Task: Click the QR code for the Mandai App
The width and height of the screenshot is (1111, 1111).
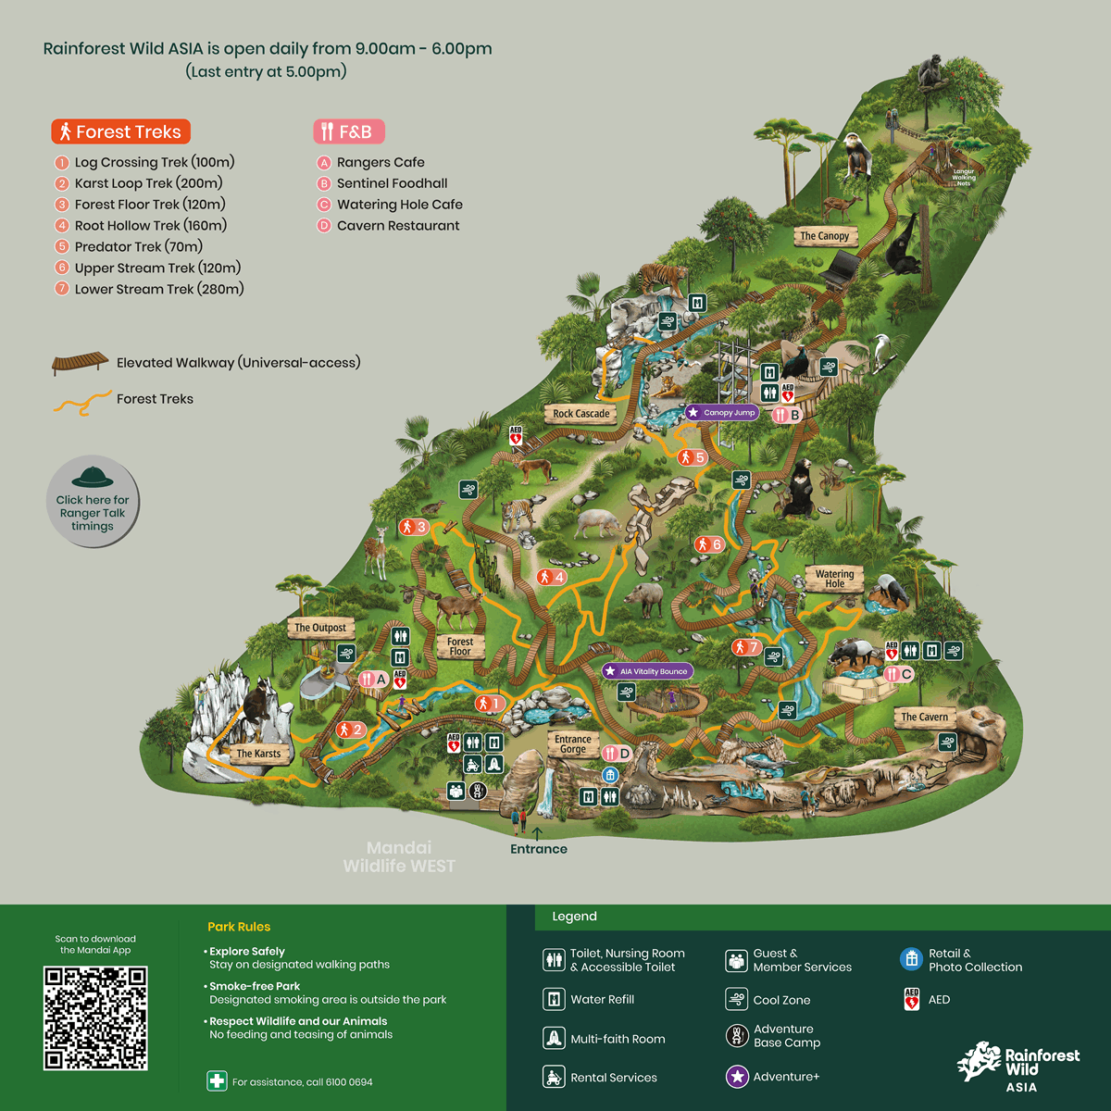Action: [x=95, y=1017]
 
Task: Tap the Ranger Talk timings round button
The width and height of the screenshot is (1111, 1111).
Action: [x=93, y=502]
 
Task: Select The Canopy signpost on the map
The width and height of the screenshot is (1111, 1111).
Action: [x=824, y=236]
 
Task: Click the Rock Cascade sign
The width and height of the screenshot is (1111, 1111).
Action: [x=580, y=414]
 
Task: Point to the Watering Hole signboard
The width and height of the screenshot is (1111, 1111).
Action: [x=834, y=579]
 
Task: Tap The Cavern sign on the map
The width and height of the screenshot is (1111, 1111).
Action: [x=924, y=717]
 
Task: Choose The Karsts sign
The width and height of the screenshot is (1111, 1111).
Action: [x=257, y=754]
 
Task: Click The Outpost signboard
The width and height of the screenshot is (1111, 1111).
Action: [x=319, y=628]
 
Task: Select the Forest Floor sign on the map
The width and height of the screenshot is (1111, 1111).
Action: [x=460, y=646]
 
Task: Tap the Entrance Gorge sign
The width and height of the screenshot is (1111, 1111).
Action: [x=572, y=743]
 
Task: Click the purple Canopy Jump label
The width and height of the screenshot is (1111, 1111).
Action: [x=722, y=413]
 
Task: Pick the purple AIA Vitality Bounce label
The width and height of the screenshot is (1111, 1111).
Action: [x=647, y=671]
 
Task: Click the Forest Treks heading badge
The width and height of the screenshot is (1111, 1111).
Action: [x=121, y=131]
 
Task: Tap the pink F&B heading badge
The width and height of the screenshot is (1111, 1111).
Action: [x=348, y=131]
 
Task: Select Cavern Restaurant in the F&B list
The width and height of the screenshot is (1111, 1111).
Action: [x=398, y=226]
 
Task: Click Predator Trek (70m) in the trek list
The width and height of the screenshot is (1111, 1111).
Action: [x=138, y=247]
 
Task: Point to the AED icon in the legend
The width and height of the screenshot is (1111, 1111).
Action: [x=912, y=999]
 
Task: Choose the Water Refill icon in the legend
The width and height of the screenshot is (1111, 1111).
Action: [x=554, y=999]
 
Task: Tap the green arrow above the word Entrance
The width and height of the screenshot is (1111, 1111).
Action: [x=537, y=833]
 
